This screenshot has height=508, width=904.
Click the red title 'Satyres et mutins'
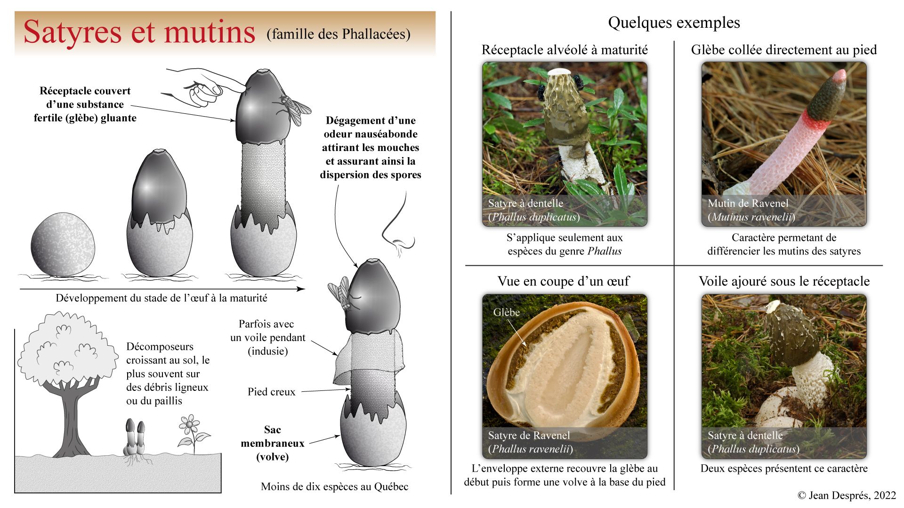coord(139,32)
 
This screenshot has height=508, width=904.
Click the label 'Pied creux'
coord(271,392)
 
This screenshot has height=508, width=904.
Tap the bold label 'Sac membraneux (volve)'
coord(272,443)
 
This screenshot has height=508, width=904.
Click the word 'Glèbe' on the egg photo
coord(506,312)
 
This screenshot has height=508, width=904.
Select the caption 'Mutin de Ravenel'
coord(748,203)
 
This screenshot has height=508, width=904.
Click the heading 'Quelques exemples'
coord(674,23)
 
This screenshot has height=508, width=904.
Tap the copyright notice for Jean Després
coord(847,495)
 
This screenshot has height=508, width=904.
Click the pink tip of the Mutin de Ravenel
coord(840,76)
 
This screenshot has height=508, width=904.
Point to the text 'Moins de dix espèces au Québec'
coord(334,486)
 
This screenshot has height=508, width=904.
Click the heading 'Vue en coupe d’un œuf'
coord(563,281)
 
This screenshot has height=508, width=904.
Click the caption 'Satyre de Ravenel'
coord(529,435)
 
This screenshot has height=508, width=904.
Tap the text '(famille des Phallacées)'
coord(338,34)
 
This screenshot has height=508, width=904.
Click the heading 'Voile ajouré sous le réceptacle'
coord(784,281)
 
